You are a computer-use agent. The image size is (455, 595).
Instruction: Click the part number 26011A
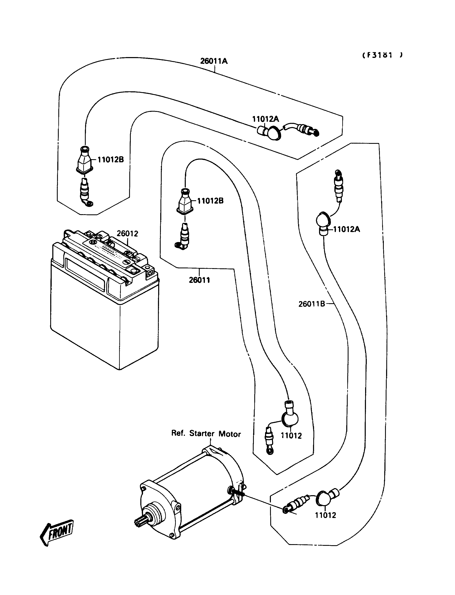tap(214, 61)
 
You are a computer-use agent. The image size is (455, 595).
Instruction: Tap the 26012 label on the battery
tap(127, 233)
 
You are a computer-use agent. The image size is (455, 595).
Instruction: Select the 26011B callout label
tap(311, 304)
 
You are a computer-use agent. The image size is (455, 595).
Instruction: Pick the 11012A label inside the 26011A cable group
tap(265, 119)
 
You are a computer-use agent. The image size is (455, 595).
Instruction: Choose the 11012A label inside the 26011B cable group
tap(346, 229)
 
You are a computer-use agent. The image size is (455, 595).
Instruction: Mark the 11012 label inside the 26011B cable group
tap(325, 515)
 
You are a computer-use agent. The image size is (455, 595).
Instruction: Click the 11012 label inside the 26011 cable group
tap(291, 436)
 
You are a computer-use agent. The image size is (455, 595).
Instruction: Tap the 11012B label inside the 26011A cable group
tap(110, 160)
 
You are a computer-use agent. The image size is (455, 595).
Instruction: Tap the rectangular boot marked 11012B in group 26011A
tap(84, 162)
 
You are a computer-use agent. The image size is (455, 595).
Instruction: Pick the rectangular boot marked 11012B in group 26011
tap(185, 203)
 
